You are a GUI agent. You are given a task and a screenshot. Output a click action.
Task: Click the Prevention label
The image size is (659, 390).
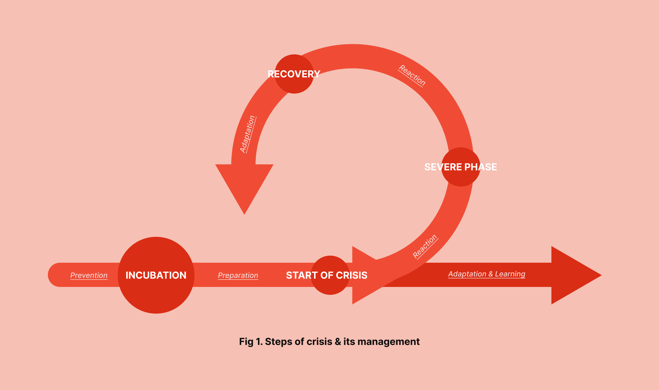[x=89, y=275]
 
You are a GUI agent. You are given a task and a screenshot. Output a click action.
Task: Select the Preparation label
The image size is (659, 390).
[x=238, y=275]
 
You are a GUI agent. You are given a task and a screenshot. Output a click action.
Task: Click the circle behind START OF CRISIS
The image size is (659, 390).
[x=330, y=287]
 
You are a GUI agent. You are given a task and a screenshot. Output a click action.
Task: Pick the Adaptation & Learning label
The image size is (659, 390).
[x=487, y=274]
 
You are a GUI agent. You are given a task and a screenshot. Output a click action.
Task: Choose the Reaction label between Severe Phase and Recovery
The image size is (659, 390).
[x=412, y=75]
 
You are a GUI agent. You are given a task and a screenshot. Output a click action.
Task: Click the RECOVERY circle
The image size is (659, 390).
[x=294, y=84]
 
